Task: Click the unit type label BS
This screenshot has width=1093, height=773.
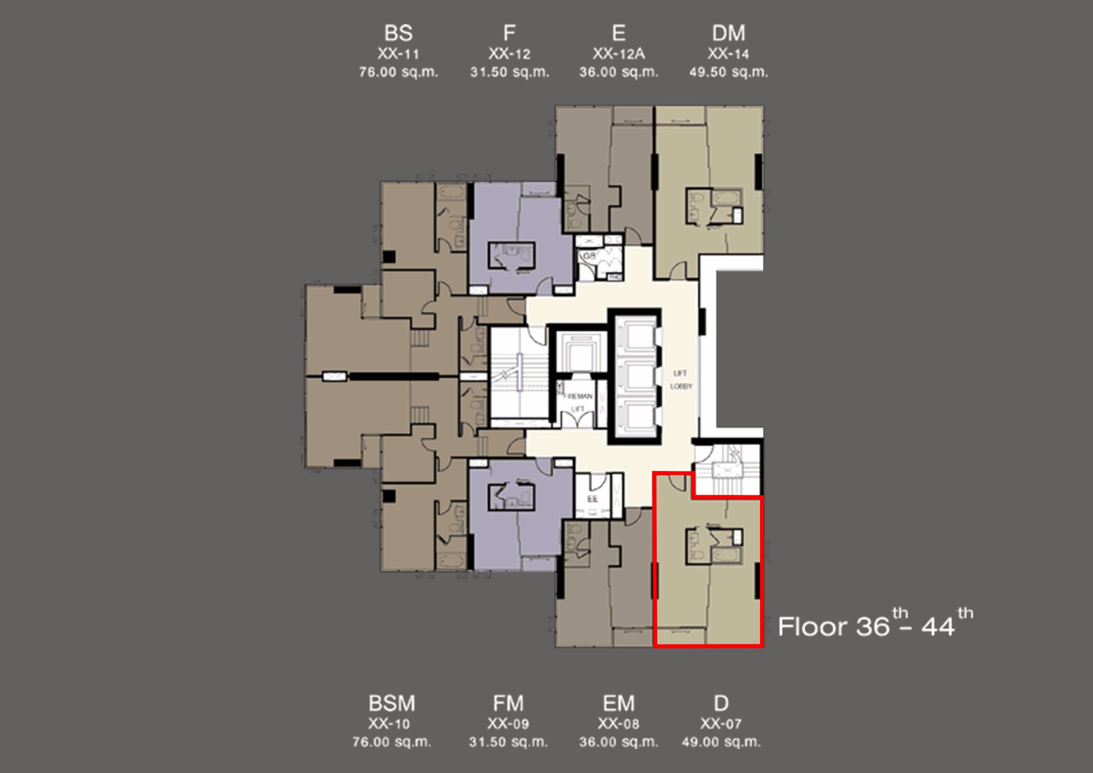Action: pyautogui.click(x=398, y=33)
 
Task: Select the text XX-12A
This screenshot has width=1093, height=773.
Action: pyautogui.click(x=619, y=54)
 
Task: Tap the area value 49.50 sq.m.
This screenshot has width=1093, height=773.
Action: pyautogui.click(x=728, y=72)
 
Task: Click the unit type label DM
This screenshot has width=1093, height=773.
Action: pyautogui.click(x=728, y=33)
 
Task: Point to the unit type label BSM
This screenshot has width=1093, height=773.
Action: pyautogui.click(x=392, y=703)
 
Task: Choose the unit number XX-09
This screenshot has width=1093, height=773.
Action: pyautogui.click(x=508, y=723)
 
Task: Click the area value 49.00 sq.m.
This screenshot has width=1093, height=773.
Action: pyautogui.click(x=721, y=742)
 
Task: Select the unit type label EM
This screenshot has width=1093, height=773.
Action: pyautogui.click(x=619, y=703)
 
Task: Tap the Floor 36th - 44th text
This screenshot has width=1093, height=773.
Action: pyautogui.click(x=875, y=625)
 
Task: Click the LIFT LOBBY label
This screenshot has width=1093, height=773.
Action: pyautogui.click(x=681, y=380)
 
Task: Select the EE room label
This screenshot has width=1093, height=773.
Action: pyautogui.click(x=592, y=499)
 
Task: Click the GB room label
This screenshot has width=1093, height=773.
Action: pyautogui.click(x=589, y=256)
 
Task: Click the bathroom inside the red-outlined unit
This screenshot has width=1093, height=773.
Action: pyautogui.click(x=714, y=546)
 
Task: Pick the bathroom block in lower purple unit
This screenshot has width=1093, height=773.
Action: pyautogui.click(x=512, y=497)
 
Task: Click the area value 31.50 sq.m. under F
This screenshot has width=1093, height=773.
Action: pyautogui.click(x=509, y=72)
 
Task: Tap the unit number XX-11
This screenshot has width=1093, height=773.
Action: pyautogui.click(x=398, y=54)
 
